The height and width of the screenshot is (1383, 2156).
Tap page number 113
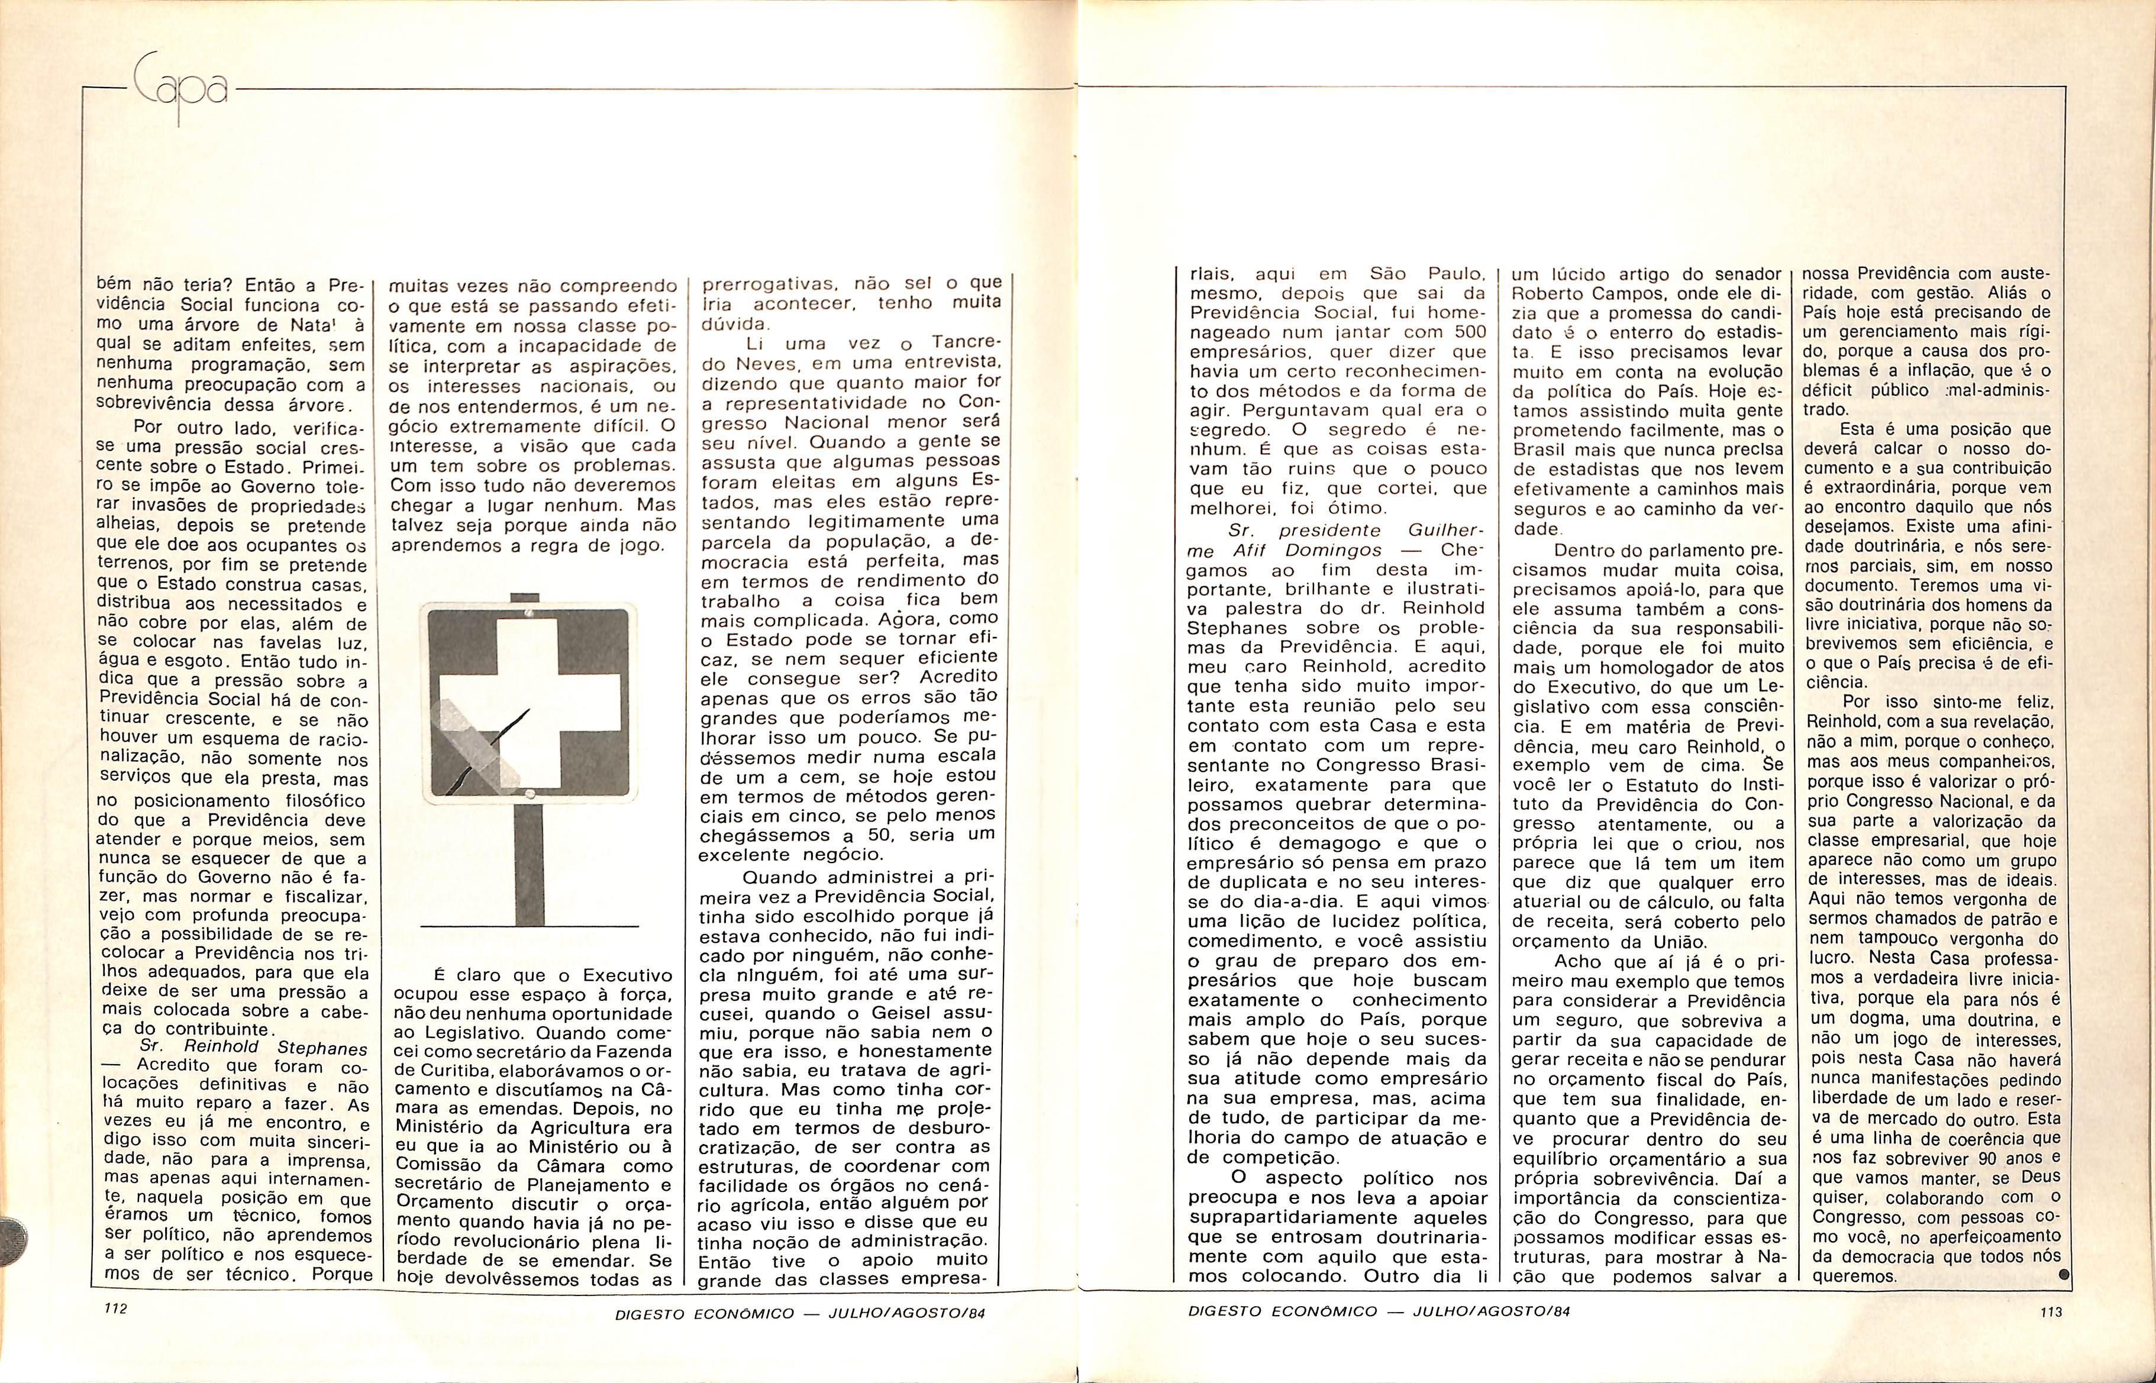[x=2050, y=1312]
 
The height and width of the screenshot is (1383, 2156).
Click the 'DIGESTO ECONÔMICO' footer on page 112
[x=704, y=1314]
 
